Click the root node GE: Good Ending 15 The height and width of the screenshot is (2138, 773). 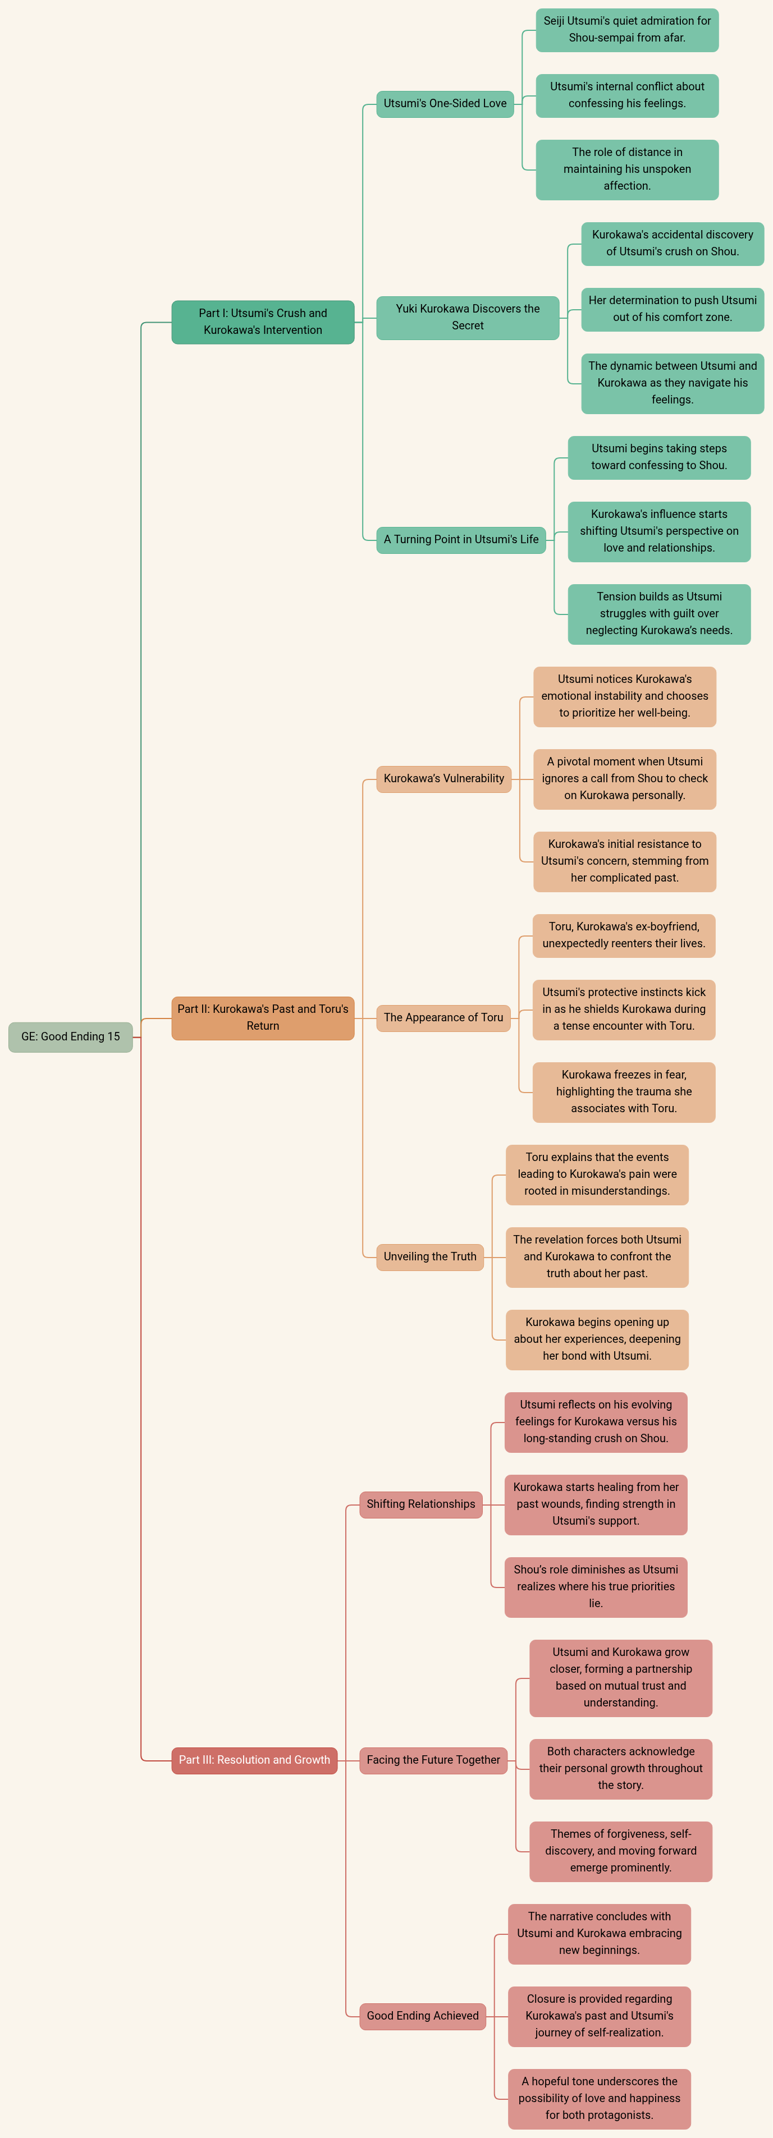[x=71, y=1036]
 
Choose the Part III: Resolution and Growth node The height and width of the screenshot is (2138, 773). [x=254, y=1760]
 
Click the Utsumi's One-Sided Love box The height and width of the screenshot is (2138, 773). [x=445, y=104]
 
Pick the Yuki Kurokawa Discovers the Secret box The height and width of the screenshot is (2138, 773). [x=468, y=317]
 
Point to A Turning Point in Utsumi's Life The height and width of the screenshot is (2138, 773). [x=461, y=539]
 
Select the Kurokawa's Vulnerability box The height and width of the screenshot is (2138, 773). [x=443, y=778]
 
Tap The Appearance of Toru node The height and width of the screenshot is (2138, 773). [x=443, y=1017]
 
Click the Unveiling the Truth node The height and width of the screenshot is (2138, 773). [x=430, y=1256]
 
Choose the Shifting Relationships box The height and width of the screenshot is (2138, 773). [x=421, y=1504]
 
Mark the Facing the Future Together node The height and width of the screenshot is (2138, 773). [x=433, y=1760]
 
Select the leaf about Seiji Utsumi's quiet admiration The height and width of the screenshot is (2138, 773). [x=627, y=30]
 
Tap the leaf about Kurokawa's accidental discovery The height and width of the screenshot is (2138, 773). [x=673, y=243]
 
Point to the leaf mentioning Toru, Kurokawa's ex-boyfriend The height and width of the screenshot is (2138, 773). [x=624, y=935]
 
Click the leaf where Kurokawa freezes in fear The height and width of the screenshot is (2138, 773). [x=624, y=1092]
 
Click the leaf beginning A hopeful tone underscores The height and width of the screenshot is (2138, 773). [x=600, y=2098]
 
